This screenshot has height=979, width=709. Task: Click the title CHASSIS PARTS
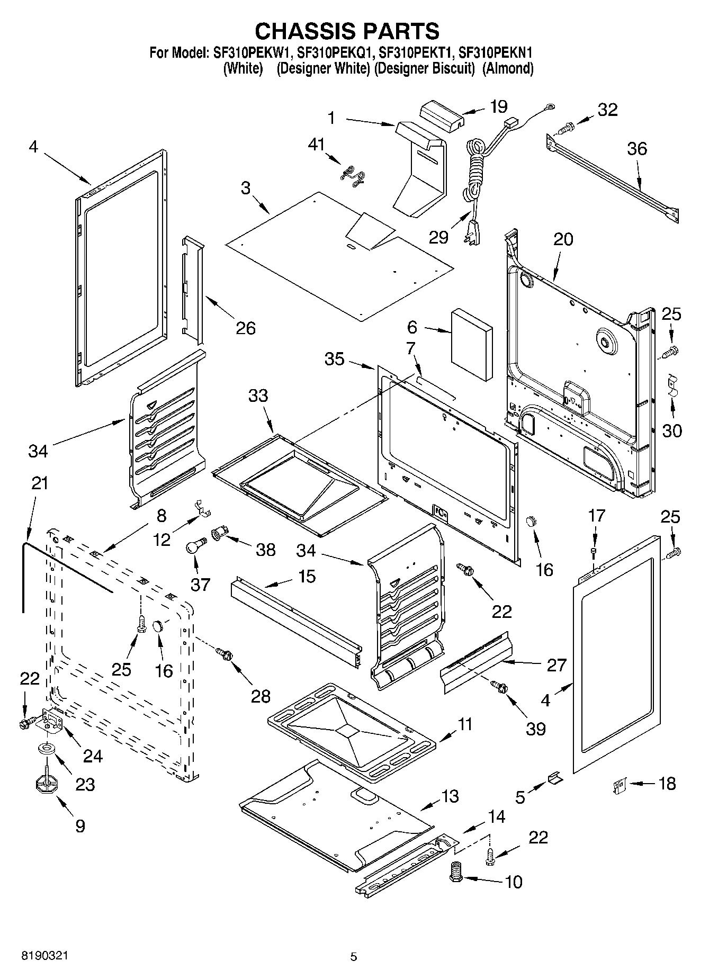[347, 32]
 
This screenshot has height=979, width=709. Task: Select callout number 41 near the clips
[317, 145]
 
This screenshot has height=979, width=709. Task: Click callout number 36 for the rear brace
[637, 149]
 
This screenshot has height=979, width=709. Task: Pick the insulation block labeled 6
[472, 344]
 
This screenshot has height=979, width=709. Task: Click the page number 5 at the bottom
[354, 957]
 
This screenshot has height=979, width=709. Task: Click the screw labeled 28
[223, 654]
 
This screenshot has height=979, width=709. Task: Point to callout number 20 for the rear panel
[563, 239]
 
